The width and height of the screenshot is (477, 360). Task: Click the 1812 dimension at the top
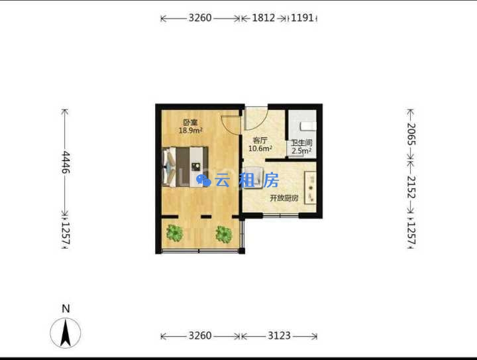tap(264, 18)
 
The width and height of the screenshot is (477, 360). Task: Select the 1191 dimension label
tap(302, 18)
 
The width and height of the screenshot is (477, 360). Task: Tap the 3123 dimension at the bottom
tap(280, 335)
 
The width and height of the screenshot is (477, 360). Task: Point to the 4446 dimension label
tap(66, 162)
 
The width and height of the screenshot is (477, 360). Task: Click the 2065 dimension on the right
tap(411, 134)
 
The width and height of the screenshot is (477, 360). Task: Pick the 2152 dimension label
tap(411, 187)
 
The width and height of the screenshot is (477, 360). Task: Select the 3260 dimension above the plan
tap(200, 18)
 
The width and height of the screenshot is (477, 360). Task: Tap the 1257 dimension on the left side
tap(66, 234)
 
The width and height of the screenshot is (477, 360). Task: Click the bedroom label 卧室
tap(190, 123)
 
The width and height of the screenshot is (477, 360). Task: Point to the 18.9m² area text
tap(191, 131)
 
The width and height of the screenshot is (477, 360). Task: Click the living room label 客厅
tap(260, 141)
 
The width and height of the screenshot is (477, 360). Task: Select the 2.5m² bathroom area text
tap(301, 150)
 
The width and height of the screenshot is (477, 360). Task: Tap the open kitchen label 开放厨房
tap(284, 198)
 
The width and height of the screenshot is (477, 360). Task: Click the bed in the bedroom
tap(185, 167)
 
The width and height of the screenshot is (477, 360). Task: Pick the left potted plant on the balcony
tap(175, 233)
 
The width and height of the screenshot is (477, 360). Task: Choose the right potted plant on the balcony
tap(224, 234)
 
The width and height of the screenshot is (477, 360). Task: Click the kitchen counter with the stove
tap(310, 188)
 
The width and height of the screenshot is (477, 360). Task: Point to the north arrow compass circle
tap(66, 333)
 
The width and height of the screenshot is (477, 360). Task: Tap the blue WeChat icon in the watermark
tap(203, 180)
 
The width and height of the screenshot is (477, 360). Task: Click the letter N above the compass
tap(66, 308)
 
